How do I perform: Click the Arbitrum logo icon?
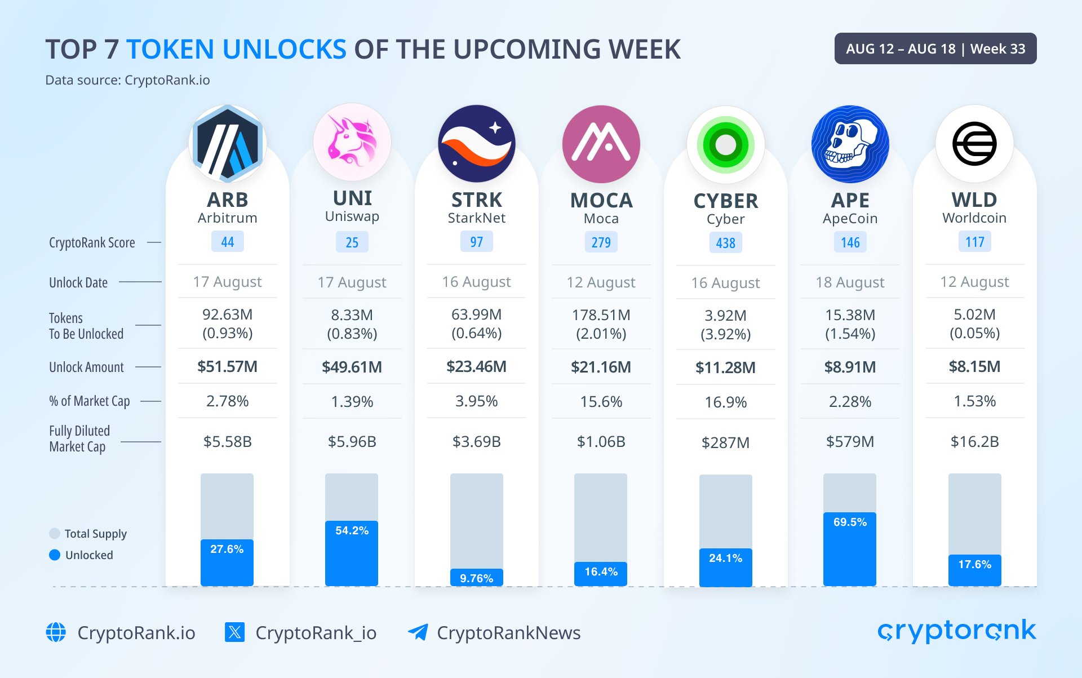(x=227, y=143)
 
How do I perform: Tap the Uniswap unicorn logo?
(x=352, y=143)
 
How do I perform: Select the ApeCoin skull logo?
(x=850, y=144)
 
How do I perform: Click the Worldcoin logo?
(x=974, y=144)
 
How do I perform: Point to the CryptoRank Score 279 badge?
(x=601, y=242)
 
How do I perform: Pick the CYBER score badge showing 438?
(x=726, y=243)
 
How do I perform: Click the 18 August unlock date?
(x=850, y=282)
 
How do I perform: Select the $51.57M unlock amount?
(x=227, y=367)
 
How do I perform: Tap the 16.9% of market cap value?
(x=726, y=402)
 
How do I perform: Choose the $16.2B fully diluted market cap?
(x=974, y=441)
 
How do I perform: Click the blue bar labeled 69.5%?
(x=850, y=549)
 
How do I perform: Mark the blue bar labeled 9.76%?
(x=477, y=577)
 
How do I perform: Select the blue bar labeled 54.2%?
(x=352, y=553)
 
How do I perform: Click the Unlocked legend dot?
(x=55, y=555)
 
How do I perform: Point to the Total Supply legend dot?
(x=55, y=534)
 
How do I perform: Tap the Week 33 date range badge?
(x=935, y=48)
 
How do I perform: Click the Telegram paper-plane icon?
(x=418, y=632)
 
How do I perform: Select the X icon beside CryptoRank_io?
(x=234, y=632)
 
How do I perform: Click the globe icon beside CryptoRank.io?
(x=56, y=632)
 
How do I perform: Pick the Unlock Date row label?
(x=78, y=282)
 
